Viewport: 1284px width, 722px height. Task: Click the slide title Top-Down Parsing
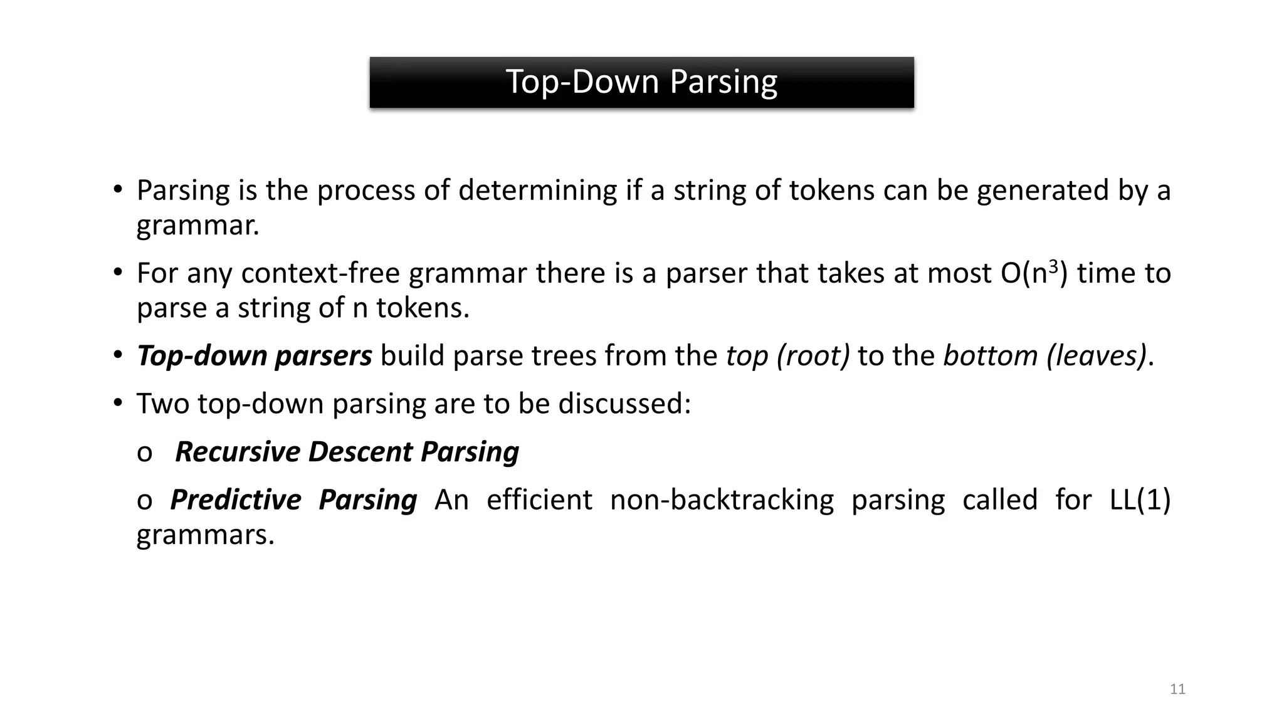click(641, 82)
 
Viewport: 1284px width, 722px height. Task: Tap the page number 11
click(1177, 689)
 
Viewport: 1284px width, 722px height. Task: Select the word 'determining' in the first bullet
click(537, 191)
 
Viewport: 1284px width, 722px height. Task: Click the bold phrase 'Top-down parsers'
click(255, 356)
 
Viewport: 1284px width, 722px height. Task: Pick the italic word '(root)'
click(813, 356)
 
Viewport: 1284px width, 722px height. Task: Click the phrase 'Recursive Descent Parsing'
click(347, 452)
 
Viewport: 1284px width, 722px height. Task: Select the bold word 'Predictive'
click(236, 500)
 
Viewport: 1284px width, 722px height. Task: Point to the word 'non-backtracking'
click(722, 500)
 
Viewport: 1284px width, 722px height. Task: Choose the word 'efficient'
click(539, 500)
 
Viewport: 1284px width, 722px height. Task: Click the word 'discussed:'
click(624, 404)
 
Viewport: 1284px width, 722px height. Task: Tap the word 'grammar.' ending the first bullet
click(197, 225)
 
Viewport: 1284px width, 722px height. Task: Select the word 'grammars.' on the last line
click(206, 535)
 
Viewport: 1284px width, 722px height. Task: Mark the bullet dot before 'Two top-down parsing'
click(118, 403)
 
